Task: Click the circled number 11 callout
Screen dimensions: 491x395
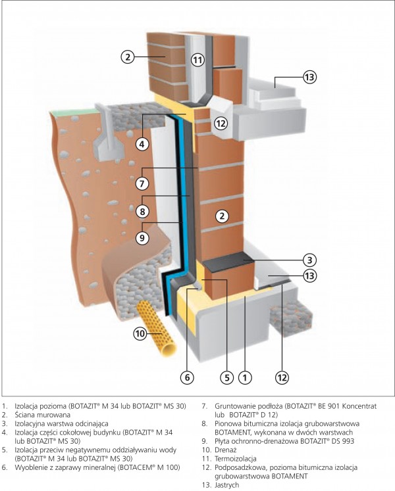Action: coord(198,60)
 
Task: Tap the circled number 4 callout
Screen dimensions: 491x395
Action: coord(142,143)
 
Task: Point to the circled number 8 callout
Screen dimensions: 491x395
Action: coord(142,212)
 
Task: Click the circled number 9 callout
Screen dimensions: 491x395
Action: coord(142,238)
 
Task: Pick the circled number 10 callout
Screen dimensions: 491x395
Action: coord(139,333)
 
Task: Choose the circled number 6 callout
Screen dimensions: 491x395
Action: coord(187,377)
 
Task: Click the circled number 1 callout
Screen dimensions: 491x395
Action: coord(244,377)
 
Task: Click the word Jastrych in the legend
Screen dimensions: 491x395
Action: coord(227,485)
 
